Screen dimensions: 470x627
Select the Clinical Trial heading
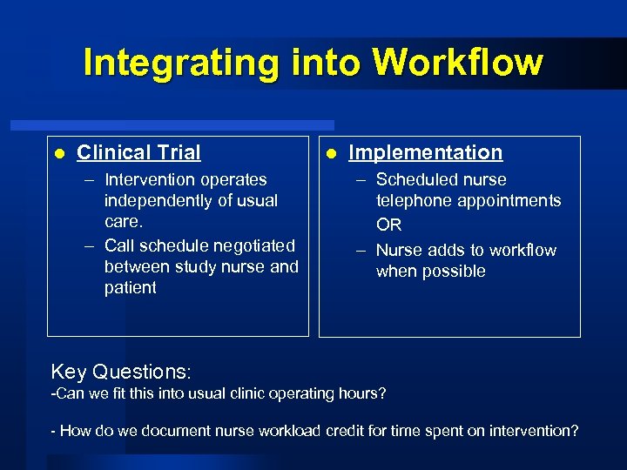point(138,152)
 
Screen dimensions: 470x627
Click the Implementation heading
point(425,152)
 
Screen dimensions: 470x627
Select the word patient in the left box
point(130,287)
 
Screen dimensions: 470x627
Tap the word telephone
point(414,200)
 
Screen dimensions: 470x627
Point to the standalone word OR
point(388,225)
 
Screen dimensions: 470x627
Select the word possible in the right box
point(456,271)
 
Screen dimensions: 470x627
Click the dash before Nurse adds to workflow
point(361,251)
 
